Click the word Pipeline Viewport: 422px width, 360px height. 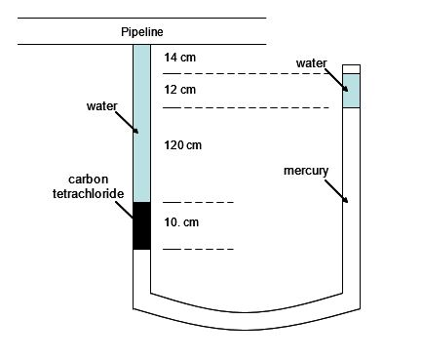(x=141, y=32)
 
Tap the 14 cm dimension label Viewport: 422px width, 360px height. (x=180, y=58)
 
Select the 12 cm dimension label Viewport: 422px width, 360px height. (x=180, y=90)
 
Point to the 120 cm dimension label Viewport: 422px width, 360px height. (x=182, y=145)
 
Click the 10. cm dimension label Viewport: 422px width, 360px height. (x=182, y=222)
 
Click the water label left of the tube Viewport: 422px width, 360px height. (x=102, y=105)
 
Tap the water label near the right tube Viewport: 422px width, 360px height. (x=313, y=63)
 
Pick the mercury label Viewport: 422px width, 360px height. (x=306, y=171)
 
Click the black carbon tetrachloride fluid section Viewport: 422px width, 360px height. (x=141, y=225)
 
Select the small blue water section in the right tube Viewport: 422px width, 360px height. (x=352, y=91)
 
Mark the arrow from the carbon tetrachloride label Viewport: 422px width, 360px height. (x=127, y=210)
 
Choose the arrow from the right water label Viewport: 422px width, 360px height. (x=337, y=79)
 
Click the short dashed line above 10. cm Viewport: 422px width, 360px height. (x=198, y=202)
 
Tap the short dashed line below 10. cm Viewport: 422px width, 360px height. (x=198, y=249)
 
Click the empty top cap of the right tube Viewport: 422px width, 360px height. (x=352, y=68)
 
